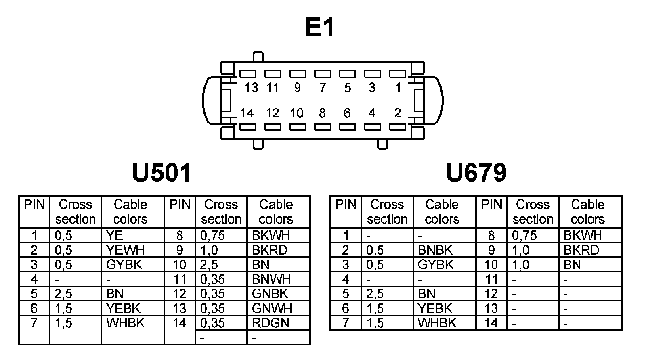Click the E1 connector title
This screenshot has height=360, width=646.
click(x=320, y=27)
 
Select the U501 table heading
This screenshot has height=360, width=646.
click(x=161, y=173)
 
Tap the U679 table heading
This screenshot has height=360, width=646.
click(x=476, y=173)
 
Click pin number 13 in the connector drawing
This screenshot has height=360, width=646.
click(x=251, y=88)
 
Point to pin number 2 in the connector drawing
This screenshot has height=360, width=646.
click(x=397, y=113)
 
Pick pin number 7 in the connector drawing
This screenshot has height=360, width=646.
click(x=322, y=88)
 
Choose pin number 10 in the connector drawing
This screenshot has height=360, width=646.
click(x=297, y=113)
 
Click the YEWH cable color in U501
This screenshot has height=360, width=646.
click(x=125, y=250)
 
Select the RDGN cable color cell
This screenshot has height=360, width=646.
click(x=271, y=323)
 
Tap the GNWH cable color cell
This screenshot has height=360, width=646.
click(x=272, y=308)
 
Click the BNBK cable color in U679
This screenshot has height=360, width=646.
click(x=435, y=250)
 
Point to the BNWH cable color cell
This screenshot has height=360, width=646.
click(x=271, y=279)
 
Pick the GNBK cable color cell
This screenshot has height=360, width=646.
click(x=270, y=294)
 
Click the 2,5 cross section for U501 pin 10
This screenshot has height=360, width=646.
click(x=209, y=265)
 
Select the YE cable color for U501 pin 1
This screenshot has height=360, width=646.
click(x=115, y=236)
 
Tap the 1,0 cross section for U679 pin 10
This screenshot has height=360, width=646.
click(x=521, y=265)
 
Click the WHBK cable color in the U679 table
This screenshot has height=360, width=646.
click(x=437, y=323)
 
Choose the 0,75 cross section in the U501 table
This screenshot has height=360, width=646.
click(x=213, y=236)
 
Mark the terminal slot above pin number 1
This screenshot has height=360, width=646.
click(x=397, y=74)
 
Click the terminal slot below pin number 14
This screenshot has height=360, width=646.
click(x=247, y=127)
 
